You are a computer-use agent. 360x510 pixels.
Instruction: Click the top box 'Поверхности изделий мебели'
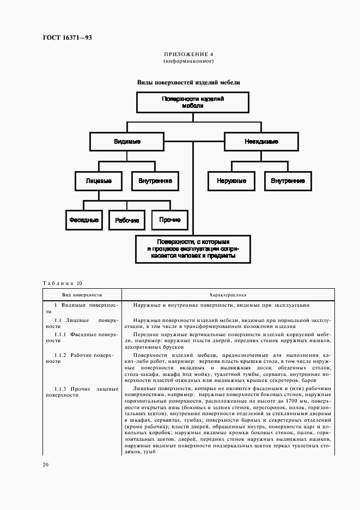[193, 103]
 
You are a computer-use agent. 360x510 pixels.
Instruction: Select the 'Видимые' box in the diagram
[127, 142]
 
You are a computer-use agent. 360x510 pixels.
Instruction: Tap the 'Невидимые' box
[261, 142]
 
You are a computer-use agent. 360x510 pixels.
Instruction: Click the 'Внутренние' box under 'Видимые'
[155, 180]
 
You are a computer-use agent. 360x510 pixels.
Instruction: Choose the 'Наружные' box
[231, 180]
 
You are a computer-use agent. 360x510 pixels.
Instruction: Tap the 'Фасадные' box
[83, 220]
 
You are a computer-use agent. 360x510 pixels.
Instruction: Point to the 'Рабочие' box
[127, 220]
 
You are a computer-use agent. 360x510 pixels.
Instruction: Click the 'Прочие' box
[170, 220]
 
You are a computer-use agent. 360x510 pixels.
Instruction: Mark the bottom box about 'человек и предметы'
[193, 248]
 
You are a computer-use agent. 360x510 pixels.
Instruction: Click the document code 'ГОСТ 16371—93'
[68, 38]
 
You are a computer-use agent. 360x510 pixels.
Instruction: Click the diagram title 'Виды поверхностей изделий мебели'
[188, 83]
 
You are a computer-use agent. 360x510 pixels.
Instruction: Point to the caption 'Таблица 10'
[63, 283]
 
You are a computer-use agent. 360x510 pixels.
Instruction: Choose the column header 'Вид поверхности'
[82, 293]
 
